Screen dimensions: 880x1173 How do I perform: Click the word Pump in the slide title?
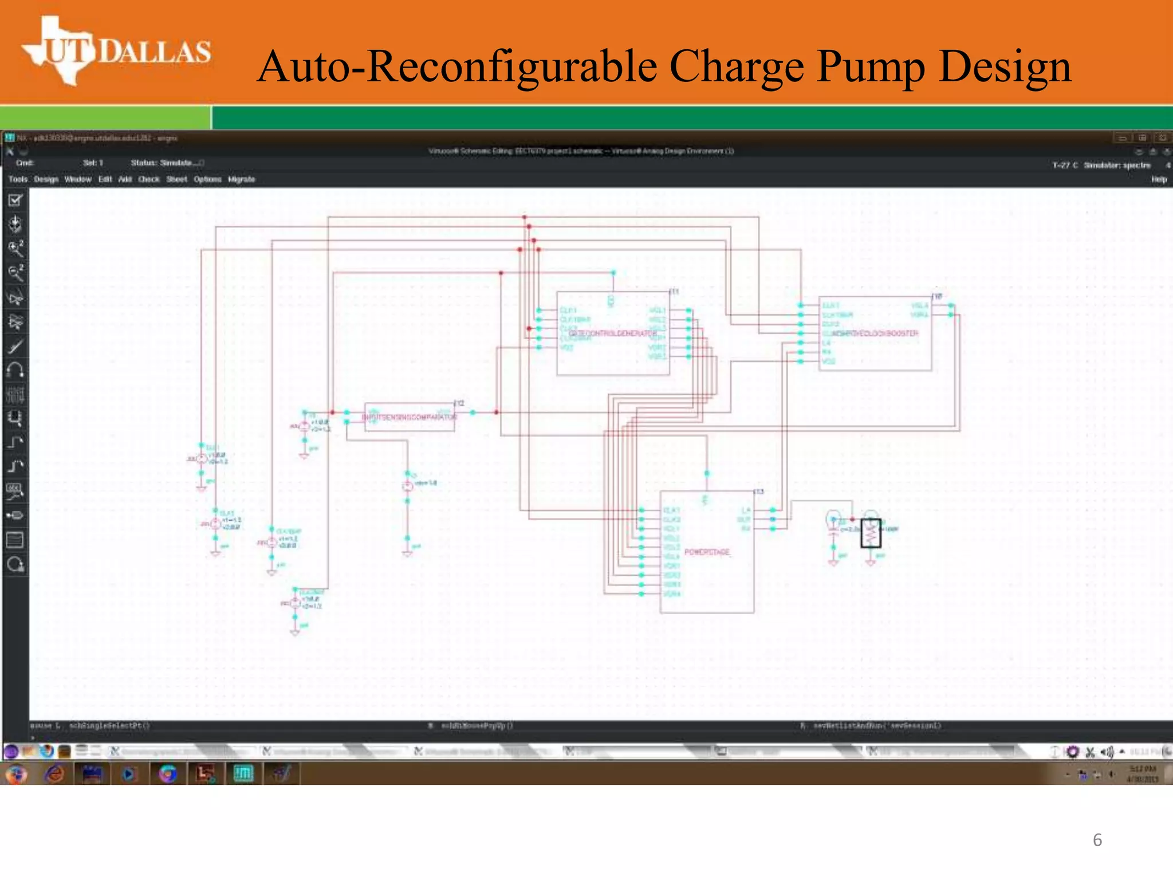tap(871, 66)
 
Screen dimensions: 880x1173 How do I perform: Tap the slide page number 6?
tap(1097, 840)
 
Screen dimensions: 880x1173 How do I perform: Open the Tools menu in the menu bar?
tap(18, 179)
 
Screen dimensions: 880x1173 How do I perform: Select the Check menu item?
tap(149, 179)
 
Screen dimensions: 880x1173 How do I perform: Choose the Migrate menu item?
tap(241, 179)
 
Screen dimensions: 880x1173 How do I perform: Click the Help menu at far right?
tap(1159, 179)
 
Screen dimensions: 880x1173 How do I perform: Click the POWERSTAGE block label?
tap(707, 552)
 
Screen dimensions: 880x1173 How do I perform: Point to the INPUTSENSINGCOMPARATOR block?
tap(410, 417)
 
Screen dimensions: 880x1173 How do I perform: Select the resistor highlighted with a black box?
tap(871, 533)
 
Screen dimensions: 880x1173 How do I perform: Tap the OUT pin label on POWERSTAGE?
tap(743, 520)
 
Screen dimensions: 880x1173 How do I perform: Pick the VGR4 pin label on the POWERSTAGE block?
tap(672, 594)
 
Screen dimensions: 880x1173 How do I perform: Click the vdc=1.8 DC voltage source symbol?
tap(407, 486)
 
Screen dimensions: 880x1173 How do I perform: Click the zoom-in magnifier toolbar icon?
tap(15, 248)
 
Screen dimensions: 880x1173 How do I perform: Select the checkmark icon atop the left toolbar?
tap(15, 200)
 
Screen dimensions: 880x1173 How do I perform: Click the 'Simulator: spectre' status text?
tap(1117, 165)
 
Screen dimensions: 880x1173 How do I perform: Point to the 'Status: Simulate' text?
tap(166, 163)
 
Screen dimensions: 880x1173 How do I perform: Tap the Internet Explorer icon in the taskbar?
tap(55, 774)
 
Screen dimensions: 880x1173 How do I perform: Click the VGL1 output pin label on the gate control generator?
tap(658, 311)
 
